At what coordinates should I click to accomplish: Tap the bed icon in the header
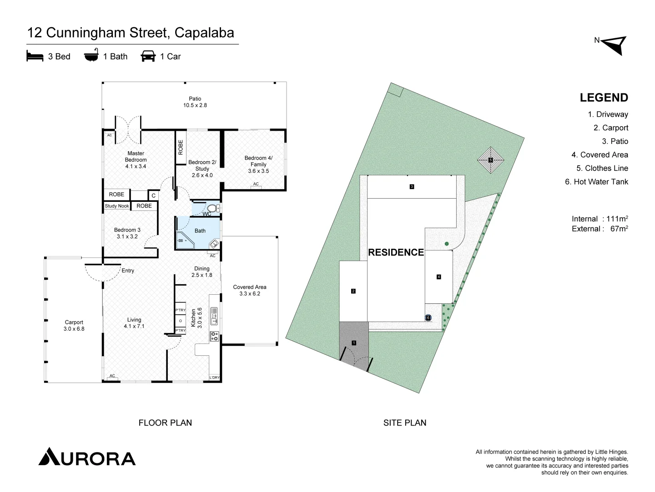pos(35,56)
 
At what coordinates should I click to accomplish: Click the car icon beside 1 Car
pos(148,56)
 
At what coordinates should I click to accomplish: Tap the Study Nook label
pos(117,206)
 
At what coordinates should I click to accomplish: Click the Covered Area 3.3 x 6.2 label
pos(250,290)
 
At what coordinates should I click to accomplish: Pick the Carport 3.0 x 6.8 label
pos(74,325)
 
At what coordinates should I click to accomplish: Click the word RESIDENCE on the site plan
pos(396,252)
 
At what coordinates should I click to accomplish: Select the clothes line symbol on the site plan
pos(490,160)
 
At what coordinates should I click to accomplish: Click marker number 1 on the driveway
pos(354,343)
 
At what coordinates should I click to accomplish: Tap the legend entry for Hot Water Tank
pos(596,182)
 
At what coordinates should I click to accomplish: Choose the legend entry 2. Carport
pos(610,128)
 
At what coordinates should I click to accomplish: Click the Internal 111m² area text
pos(600,219)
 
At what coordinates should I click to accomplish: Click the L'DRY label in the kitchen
pos(215,378)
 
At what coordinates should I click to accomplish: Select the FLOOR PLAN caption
pos(165,423)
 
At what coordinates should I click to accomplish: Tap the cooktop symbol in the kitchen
pos(214,336)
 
